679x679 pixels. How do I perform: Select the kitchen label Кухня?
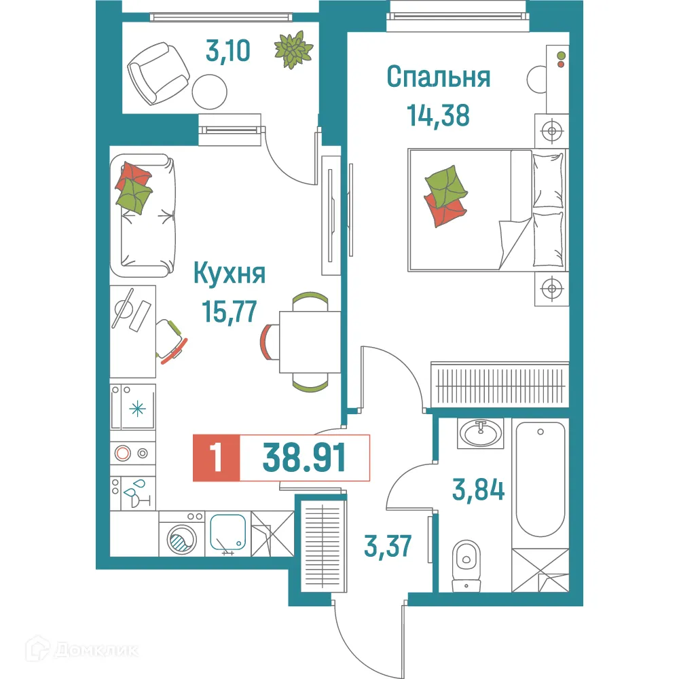click(x=229, y=275)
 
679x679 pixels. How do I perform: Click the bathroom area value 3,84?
click(x=479, y=489)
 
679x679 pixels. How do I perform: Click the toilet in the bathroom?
click(x=466, y=560)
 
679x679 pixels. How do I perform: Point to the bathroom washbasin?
click(x=481, y=432)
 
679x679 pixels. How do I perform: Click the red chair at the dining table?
click(x=269, y=341)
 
